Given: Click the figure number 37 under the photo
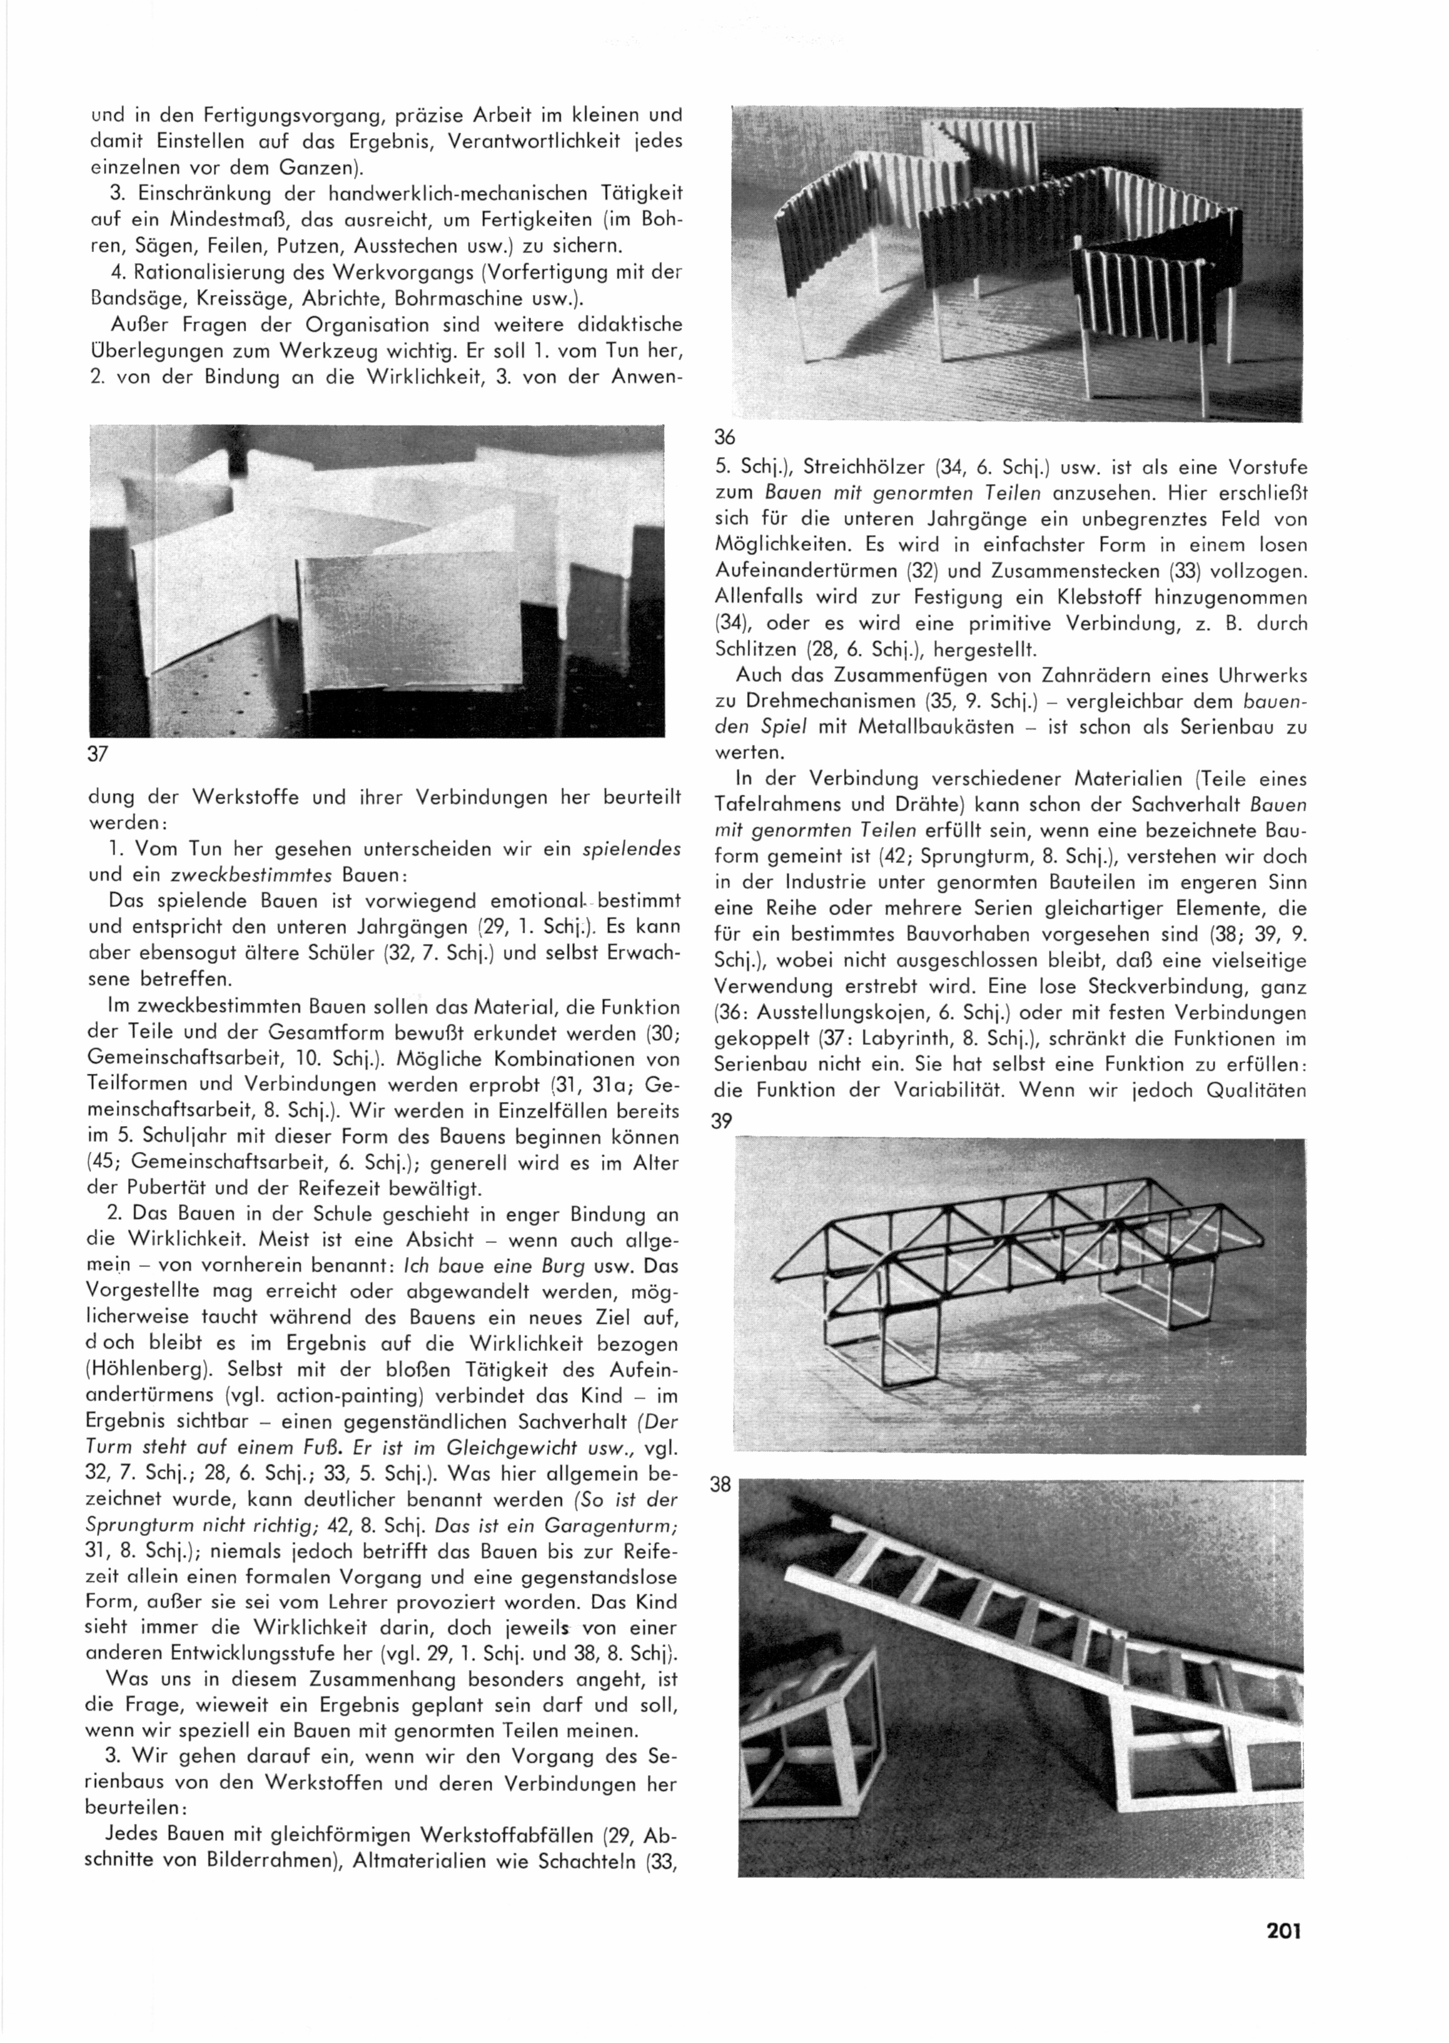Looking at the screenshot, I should point(98,754).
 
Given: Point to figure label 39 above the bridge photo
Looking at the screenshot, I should point(722,1121).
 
